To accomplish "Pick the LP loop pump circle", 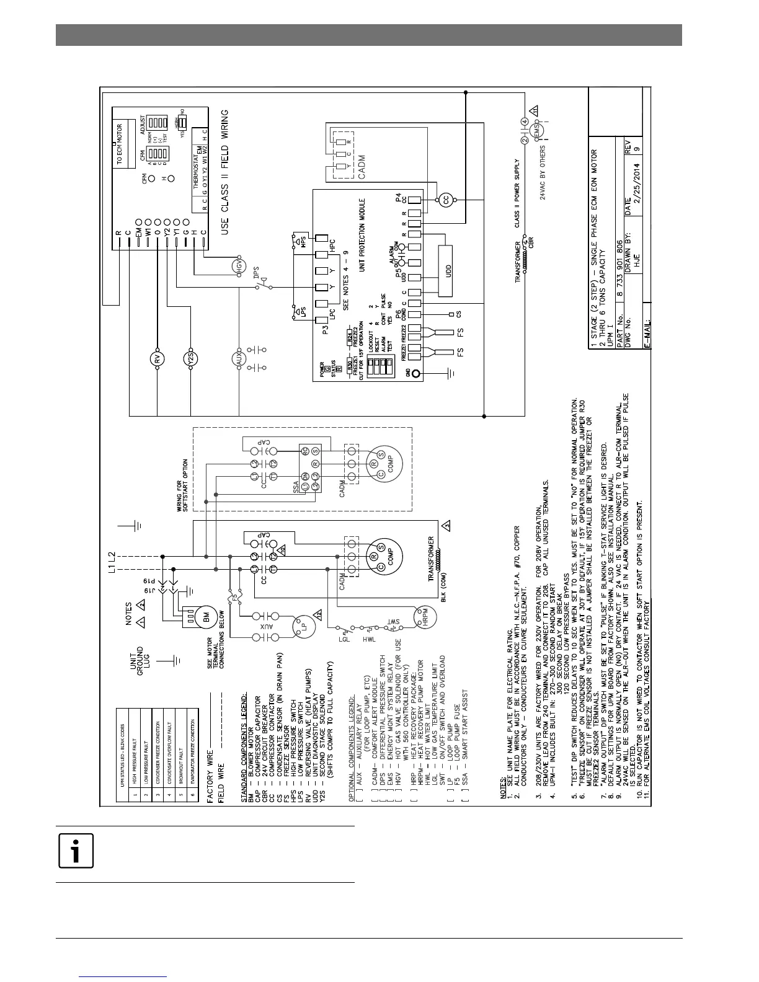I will tap(300, 623).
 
